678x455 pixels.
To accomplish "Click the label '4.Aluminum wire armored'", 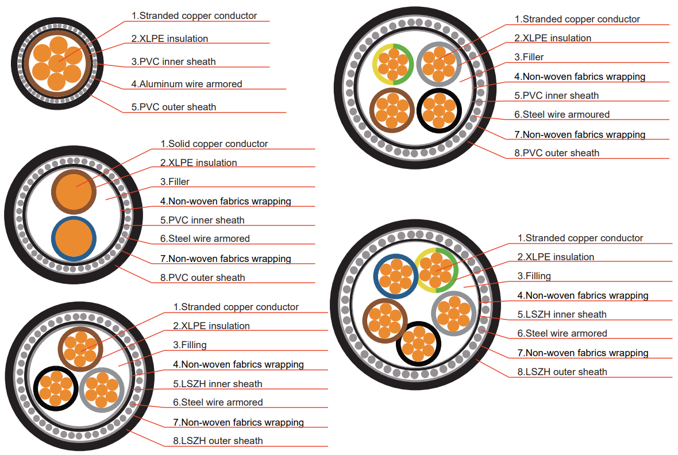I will [186, 84].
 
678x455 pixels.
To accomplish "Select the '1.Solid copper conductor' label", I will [214, 144].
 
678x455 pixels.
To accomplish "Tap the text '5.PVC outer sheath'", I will [174, 107].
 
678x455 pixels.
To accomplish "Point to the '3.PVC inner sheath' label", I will [174, 61].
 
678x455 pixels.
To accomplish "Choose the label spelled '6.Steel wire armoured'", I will [561, 114].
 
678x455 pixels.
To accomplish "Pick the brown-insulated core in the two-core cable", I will [74, 192].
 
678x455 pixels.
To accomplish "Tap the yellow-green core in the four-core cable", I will [393, 64].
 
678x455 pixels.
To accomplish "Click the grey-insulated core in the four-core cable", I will [439, 64].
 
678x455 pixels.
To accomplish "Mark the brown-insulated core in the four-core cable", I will [393, 110].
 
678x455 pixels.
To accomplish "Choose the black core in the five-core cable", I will [419, 344].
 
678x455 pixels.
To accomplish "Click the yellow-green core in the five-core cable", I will [436, 271].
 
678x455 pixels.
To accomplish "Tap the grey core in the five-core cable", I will [453, 312].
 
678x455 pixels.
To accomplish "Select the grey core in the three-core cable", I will [102, 390].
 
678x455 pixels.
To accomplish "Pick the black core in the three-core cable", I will [56, 388].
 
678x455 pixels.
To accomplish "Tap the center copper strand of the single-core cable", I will [56, 62].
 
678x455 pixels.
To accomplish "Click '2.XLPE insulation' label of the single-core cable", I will [169, 38].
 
